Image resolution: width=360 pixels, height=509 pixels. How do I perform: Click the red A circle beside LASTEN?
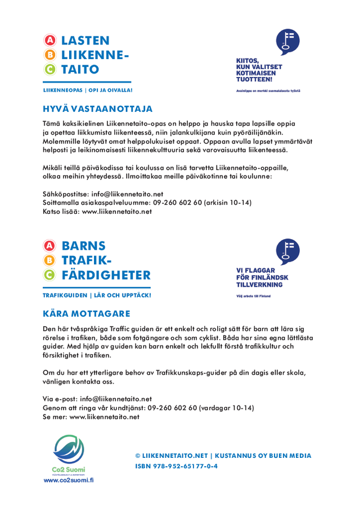[x=51, y=40]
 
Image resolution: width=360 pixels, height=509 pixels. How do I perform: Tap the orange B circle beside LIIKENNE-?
[x=51, y=55]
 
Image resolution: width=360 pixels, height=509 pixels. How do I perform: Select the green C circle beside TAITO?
[x=51, y=70]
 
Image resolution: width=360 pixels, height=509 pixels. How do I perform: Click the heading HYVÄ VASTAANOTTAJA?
[x=97, y=108]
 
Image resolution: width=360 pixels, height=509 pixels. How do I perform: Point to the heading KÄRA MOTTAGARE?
[x=86, y=313]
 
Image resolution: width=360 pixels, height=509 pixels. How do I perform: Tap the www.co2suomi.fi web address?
[x=69, y=480]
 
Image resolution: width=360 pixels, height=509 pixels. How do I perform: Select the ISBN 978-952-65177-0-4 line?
[x=176, y=466]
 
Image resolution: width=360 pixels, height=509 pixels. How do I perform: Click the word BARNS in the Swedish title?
[x=84, y=246]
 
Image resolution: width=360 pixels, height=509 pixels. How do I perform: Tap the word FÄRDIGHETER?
[x=106, y=275]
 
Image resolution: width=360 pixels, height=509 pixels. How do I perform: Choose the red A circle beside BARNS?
[x=51, y=246]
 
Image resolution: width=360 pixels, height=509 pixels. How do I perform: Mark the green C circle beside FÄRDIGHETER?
[x=51, y=276]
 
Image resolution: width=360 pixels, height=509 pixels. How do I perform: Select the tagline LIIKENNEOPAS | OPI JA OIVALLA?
[x=88, y=90]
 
